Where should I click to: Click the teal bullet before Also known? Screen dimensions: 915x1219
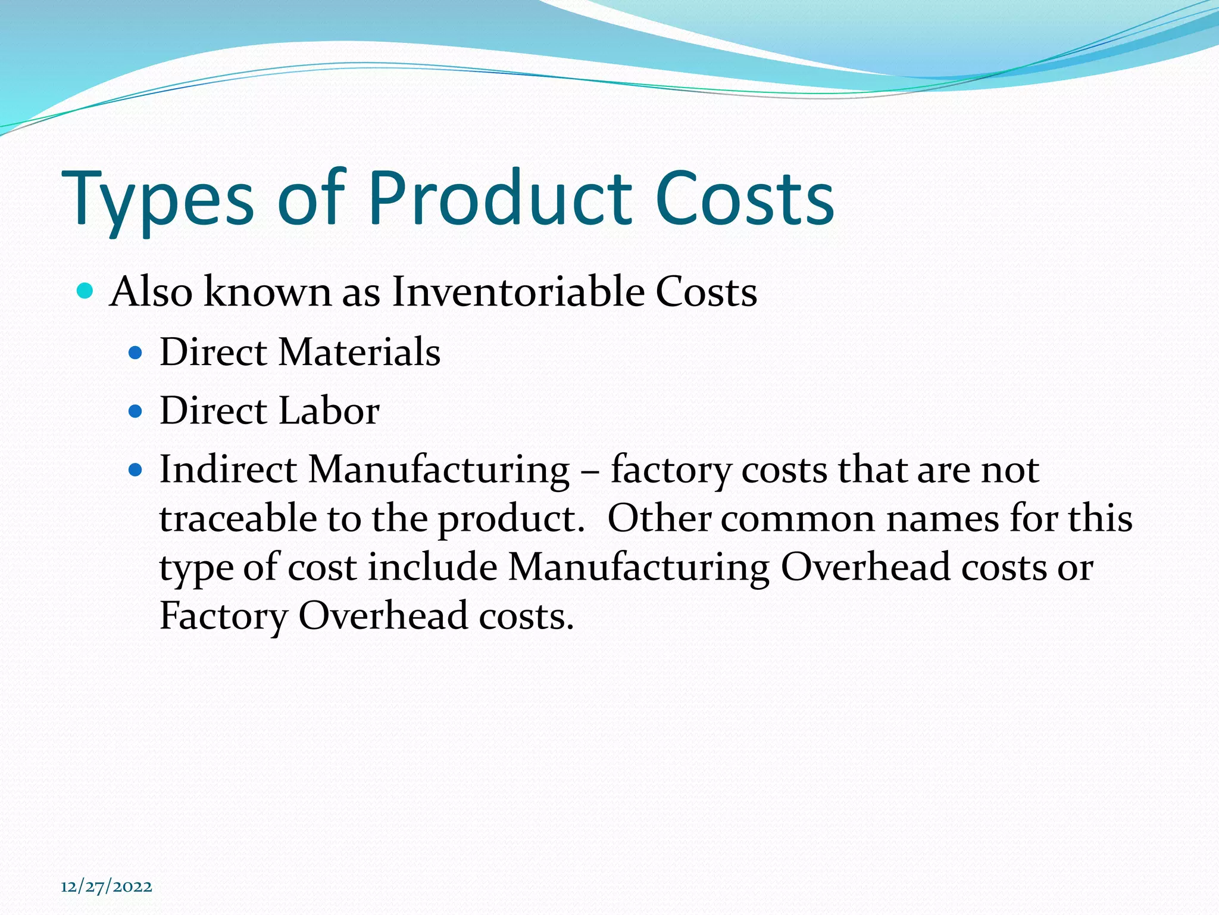click(x=86, y=291)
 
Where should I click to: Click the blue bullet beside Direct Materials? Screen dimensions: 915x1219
click(x=136, y=353)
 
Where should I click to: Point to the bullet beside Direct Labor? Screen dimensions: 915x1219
click(x=136, y=412)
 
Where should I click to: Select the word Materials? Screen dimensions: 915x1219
click(x=360, y=352)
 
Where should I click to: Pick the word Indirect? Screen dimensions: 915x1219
click(x=228, y=470)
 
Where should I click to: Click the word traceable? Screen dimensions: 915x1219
click(x=237, y=519)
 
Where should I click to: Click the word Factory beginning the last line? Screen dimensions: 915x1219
click(x=223, y=617)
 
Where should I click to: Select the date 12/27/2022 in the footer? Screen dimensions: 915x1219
click(x=107, y=886)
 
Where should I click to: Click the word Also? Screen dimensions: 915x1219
click(x=151, y=292)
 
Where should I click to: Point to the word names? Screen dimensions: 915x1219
click(x=942, y=519)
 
